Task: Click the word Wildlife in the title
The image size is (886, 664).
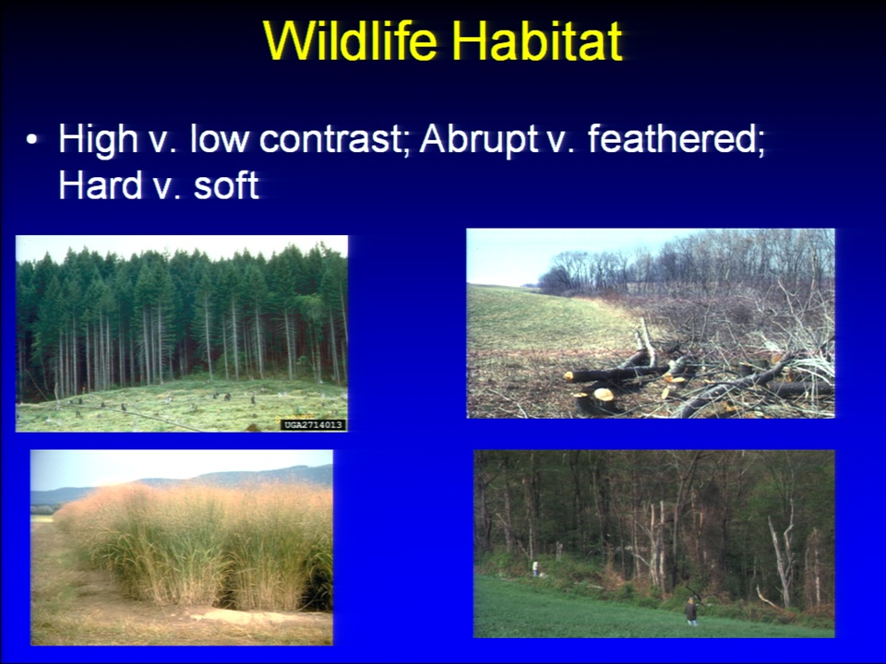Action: (351, 41)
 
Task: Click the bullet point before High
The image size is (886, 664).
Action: (31, 140)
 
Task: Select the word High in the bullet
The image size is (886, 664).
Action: (99, 139)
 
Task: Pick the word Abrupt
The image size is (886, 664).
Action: (478, 139)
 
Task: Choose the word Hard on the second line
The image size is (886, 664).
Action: (100, 185)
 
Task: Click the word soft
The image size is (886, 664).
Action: (226, 185)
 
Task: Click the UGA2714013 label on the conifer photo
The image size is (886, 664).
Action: (313, 424)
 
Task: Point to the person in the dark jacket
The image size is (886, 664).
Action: (690, 611)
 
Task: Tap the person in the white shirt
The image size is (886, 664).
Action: (535, 568)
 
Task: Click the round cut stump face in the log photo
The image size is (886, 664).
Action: (604, 394)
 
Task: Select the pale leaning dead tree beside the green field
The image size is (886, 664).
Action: (781, 559)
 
